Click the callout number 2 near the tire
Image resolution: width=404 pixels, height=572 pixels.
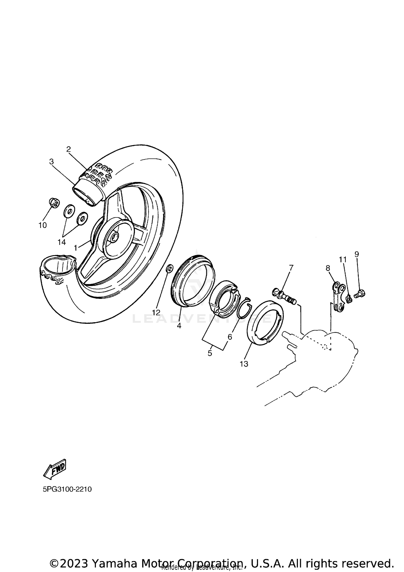tap(68, 149)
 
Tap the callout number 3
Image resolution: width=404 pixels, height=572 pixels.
tap(51, 162)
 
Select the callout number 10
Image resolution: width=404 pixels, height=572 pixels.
tap(43, 225)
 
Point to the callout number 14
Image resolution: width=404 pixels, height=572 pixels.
tap(62, 242)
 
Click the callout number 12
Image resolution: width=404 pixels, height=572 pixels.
tap(156, 313)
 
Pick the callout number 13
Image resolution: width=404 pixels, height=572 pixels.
tap(244, 364)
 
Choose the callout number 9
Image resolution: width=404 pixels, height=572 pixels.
tap(357, 254)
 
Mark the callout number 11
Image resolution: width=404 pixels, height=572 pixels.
tap(343, 259)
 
